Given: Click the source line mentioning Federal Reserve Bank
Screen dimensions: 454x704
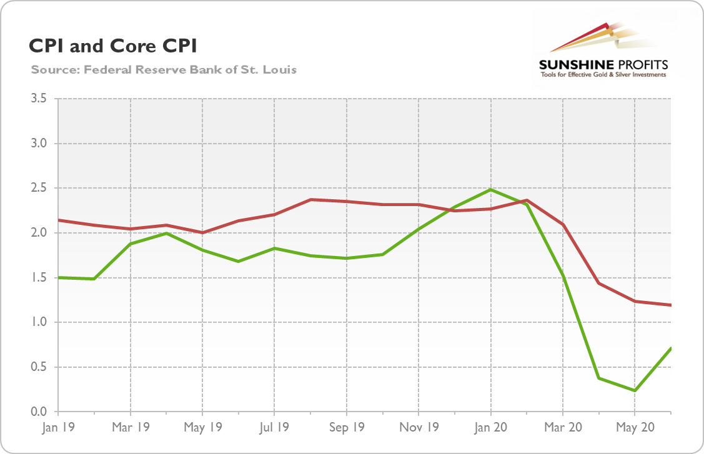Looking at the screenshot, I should [x=164, y=69].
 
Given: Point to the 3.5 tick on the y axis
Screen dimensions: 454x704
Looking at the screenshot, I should [x=39, y=99].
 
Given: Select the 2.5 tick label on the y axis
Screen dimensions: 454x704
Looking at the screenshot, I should [x=39, y=188].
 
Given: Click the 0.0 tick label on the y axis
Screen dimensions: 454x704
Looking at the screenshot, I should [x=39, y=412].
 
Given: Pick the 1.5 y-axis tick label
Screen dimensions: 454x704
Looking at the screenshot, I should [x=39, y=277].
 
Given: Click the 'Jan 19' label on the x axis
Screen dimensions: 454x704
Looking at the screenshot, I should [x=57, y=428].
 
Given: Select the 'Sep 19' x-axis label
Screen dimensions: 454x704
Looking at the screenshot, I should [x=346, y=428].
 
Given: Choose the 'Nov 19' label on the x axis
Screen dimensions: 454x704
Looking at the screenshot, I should [x=418, y=428].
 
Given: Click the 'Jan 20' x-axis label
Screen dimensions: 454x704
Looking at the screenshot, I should [x=490, y=428].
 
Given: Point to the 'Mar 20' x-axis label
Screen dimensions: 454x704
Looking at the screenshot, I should [x=562, y=428].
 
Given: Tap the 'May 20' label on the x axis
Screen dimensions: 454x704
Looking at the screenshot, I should [x=635, y=428].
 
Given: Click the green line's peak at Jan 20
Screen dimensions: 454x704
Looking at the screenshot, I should [x=490, y=189].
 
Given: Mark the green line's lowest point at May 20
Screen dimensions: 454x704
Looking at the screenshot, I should [x=635, y=391].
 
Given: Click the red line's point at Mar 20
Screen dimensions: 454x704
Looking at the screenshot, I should [x=563, y=225].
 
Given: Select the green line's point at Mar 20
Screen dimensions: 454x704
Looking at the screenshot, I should [x=563, y=277].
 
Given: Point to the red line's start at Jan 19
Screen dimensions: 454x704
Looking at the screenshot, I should [x=58, y=220].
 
